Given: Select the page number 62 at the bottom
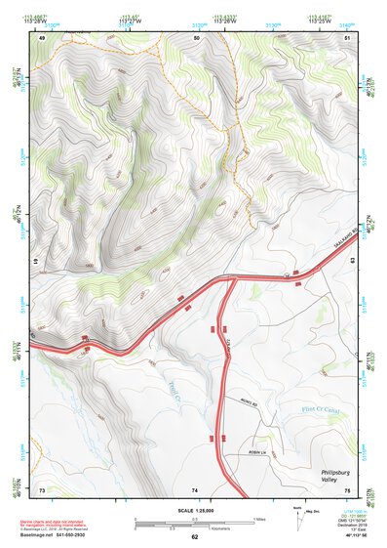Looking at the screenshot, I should tap(194, 537).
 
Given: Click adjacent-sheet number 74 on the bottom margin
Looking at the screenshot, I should tap(195, 489).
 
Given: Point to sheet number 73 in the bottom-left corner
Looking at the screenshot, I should tap(42, 488).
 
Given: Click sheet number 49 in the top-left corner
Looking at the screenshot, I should tap(42, 37).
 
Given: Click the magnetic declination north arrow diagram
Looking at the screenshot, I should tap(295, 516).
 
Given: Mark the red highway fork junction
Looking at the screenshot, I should tap(231, 280).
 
